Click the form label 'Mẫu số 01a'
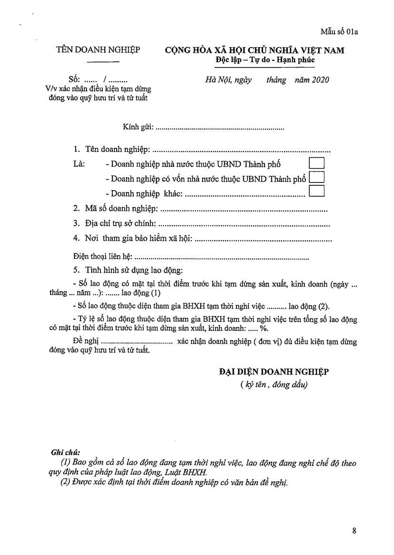[339, 32]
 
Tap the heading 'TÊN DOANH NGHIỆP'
[98, 49]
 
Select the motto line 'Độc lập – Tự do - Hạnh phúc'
[265, 60]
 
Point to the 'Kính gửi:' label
[138, 127]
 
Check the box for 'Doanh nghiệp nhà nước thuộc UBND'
[316, 163]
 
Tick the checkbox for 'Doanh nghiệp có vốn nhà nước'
[316, 177]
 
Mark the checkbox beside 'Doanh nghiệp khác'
[316, 191]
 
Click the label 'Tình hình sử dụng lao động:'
[134, 270]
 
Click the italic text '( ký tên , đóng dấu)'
[274, 385]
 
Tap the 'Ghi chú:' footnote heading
[65, 452]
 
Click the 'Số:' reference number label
[75, 79]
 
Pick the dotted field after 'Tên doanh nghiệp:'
[242, 150]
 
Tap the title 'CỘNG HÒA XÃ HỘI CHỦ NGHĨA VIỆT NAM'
[255, 50]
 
